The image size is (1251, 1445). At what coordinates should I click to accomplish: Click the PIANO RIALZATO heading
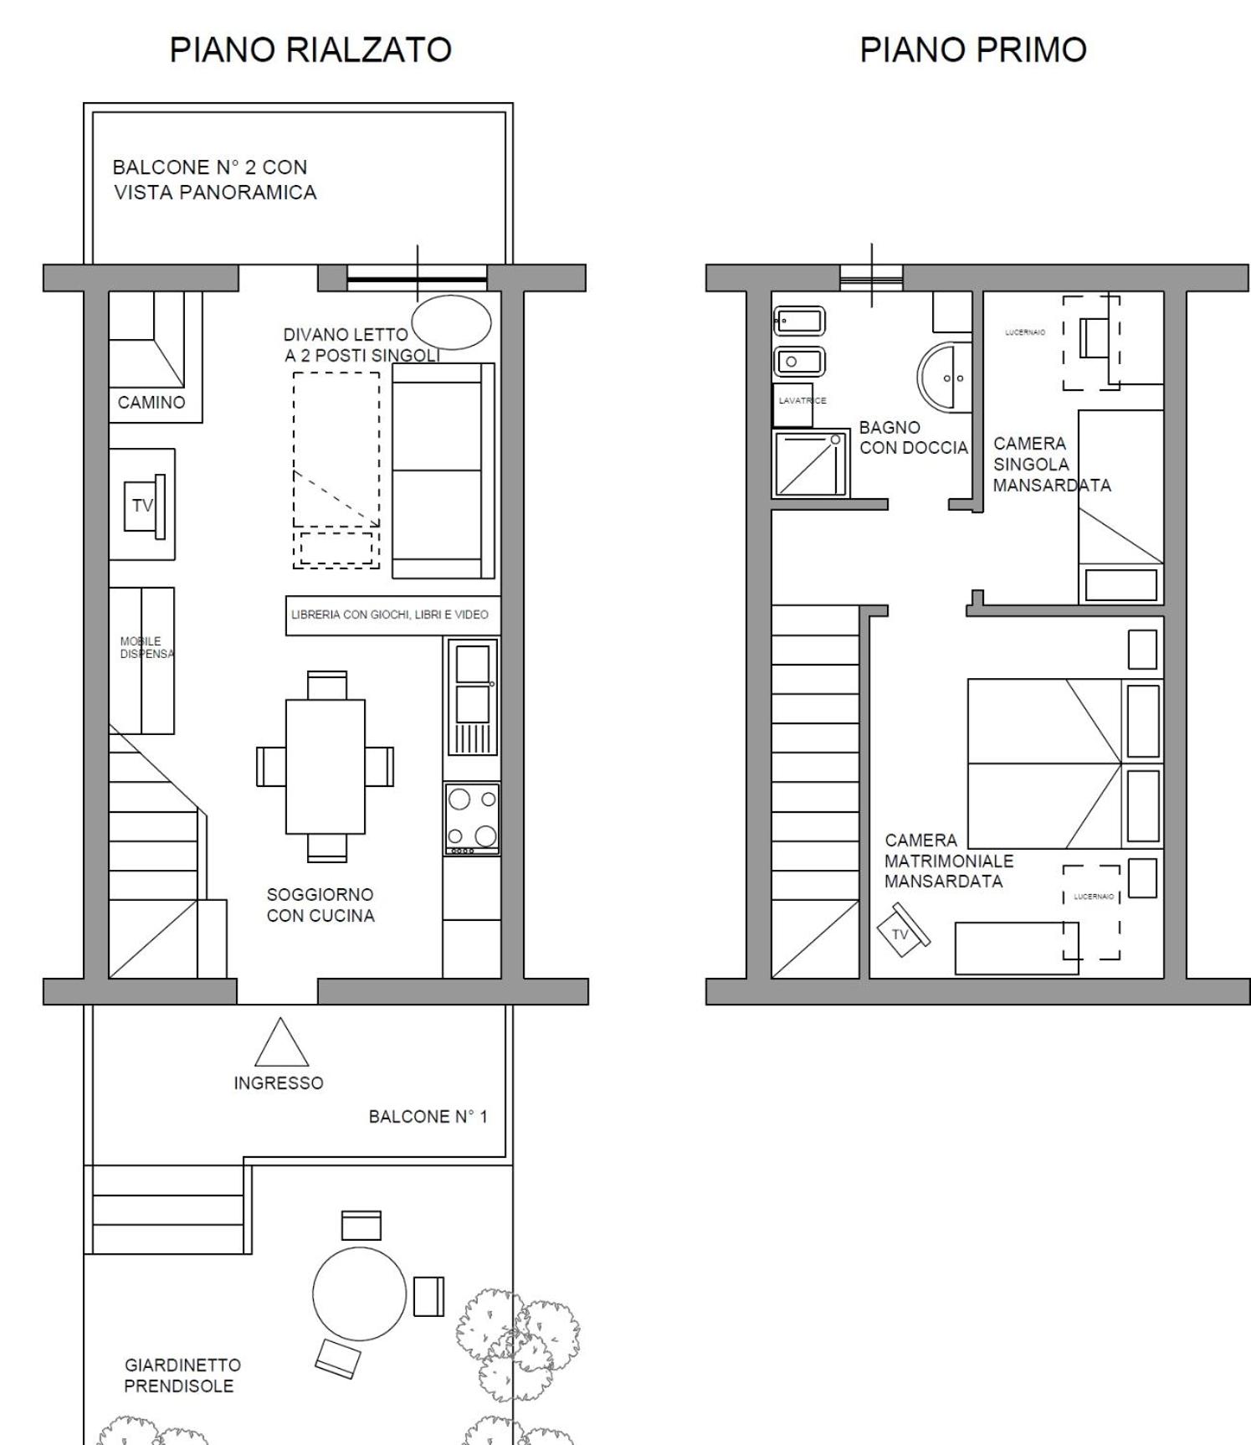(310, 50)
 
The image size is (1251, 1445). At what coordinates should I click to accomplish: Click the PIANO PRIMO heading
(973, 50)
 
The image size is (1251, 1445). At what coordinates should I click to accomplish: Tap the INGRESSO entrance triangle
(282, 1042)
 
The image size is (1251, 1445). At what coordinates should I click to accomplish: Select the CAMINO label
(151, 403)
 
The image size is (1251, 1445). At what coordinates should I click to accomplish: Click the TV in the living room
(144, 506)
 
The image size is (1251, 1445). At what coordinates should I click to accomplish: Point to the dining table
(325, 766)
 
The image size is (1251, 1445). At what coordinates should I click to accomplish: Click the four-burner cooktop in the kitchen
(472, 819)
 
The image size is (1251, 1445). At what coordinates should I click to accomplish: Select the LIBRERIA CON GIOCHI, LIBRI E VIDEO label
(390, 615)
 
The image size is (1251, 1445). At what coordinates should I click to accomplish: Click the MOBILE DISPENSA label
(146, 648)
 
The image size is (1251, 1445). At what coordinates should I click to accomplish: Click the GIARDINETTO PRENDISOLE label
(182, 1376)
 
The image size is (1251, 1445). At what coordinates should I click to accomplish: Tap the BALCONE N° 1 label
(428, 1117)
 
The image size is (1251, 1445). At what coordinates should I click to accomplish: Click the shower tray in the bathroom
(811, 464)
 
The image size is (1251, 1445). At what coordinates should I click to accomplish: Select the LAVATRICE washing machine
(793, 406)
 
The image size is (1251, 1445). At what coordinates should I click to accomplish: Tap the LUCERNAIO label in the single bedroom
(1025, 332)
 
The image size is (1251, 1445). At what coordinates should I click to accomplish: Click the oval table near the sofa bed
(450, 322)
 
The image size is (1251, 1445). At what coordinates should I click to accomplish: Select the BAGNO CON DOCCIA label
(914, 438)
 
